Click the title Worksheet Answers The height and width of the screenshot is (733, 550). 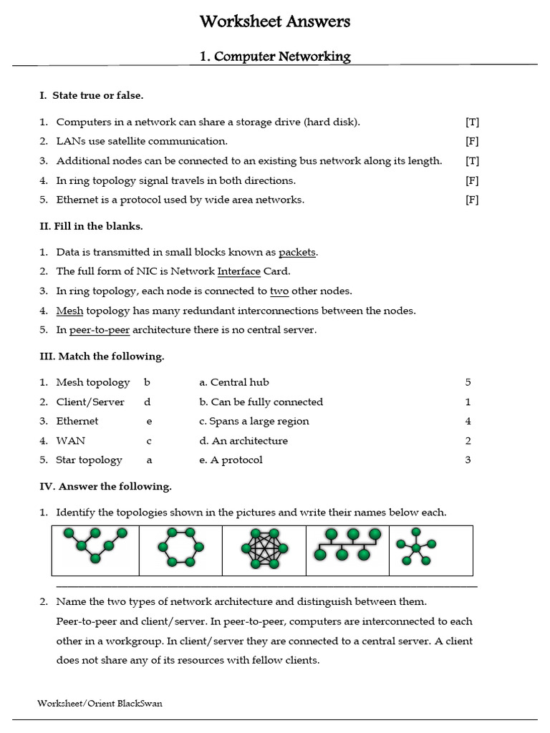click(x=275, y=22)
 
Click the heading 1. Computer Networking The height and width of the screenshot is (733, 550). click(x=274, y=56)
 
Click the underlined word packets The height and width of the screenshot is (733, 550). click(x=297, y=252)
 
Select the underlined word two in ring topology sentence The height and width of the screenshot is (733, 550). click(x=279, y=291)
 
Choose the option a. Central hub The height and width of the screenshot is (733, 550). click(x=234, y=382)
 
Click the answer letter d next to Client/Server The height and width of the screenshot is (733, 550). click(x=147, y=402)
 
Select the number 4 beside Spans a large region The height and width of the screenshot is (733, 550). click(x=468, y=421)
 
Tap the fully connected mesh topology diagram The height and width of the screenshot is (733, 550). click(x=264, y=550)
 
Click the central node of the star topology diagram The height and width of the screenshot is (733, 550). click(x=415, y=548)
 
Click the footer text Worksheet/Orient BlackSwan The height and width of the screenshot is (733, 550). click(x=100, y=703)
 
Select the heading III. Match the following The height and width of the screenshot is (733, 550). click(x=101, y=356)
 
